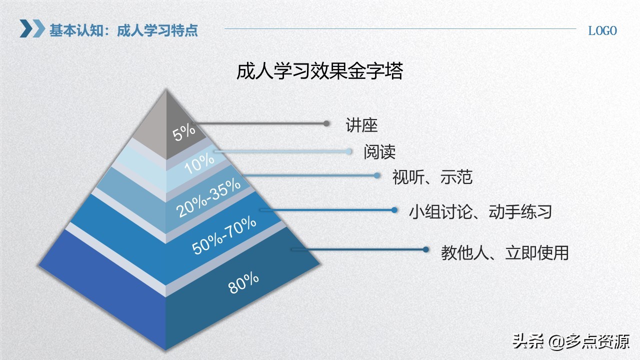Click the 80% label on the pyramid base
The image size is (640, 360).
[243, 283]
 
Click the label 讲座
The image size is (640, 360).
[361, 125]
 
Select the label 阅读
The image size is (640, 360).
[379, 152]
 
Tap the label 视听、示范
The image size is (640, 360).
[432, 177]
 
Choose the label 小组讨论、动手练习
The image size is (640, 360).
[480, 211]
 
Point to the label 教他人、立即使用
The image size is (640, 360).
[505, 252]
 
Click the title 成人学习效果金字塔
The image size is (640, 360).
[319, 71]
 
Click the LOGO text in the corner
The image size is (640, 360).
[602, 30]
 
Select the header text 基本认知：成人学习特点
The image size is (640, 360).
[123, 30]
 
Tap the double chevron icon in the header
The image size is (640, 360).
[32, 28]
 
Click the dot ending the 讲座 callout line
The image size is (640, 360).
[326, 123]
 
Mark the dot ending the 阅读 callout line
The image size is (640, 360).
[348, 151]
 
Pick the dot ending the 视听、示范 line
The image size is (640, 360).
[377, 175]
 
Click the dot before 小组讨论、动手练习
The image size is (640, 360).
[394, 210]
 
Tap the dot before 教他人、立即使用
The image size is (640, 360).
[426, 249]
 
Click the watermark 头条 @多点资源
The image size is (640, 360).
[571, 342]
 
